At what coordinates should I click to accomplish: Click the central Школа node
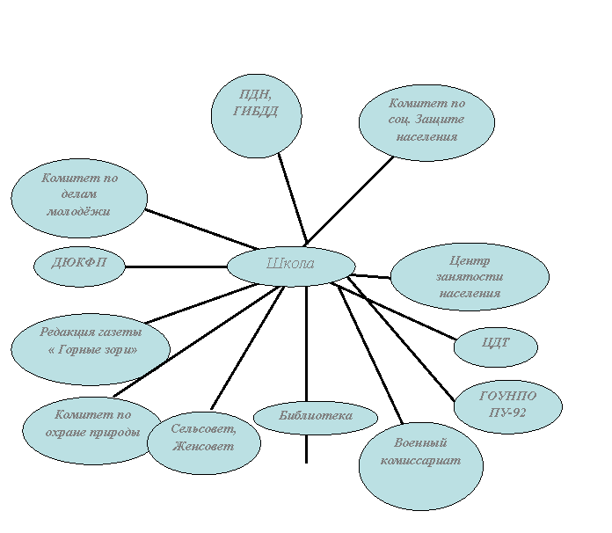[x=291, y=266]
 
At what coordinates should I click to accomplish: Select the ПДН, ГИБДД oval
[x=257, y=116]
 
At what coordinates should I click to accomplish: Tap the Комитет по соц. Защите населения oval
[x=426, y=122]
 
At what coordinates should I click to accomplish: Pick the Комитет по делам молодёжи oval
[x=79, y=198]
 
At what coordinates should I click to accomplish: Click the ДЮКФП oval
[x=79, y=266]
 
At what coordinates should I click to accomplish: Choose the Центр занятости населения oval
[x=470, y=277]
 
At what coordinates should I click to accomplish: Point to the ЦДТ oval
[x=496, y=347]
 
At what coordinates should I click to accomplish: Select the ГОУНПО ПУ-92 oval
[x=508, y=407]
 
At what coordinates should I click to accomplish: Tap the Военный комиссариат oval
[x=421, y=466]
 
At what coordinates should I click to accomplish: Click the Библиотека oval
[x=316, y=418]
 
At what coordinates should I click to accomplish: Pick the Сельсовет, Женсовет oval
[x=204, y=443]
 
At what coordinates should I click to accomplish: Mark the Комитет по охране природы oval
[x=91, y=431]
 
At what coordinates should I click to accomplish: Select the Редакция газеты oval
[x=91, y=349]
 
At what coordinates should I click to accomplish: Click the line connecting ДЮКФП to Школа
[x=176, y=267]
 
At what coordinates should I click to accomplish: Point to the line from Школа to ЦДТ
[x=394, y=311]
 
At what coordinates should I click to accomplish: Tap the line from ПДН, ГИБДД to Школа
[x=293, y=200]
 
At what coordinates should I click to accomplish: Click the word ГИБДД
[x=256, y=112]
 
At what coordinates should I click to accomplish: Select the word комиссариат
[x=420, y=461]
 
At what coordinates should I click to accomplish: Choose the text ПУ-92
[x=507, y=413]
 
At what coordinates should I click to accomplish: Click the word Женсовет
[x=203, y=446]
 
